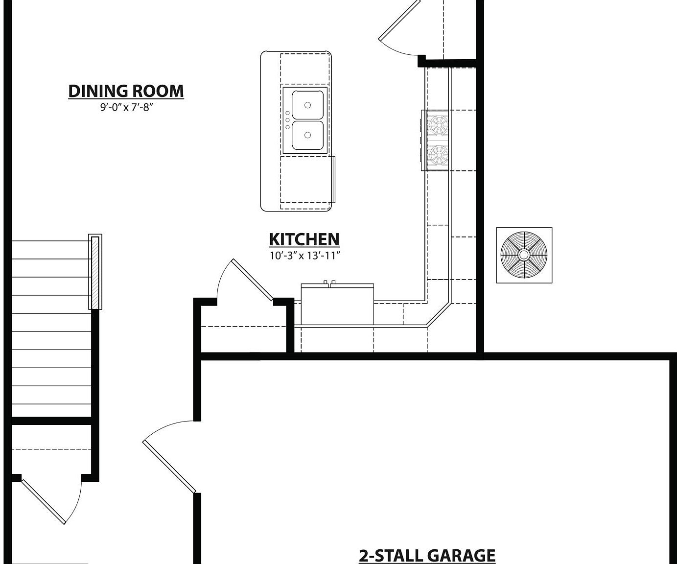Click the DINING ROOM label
126,91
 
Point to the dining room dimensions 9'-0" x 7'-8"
126,107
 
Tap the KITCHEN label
304,239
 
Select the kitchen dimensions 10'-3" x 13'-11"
304,256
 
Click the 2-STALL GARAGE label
427,556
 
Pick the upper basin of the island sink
308,105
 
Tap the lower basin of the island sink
308,135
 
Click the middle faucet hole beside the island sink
287,120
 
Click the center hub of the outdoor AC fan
524,255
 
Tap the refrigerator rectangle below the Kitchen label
337,305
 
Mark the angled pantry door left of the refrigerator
252,280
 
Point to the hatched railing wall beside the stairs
95,272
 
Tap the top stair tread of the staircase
51,250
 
